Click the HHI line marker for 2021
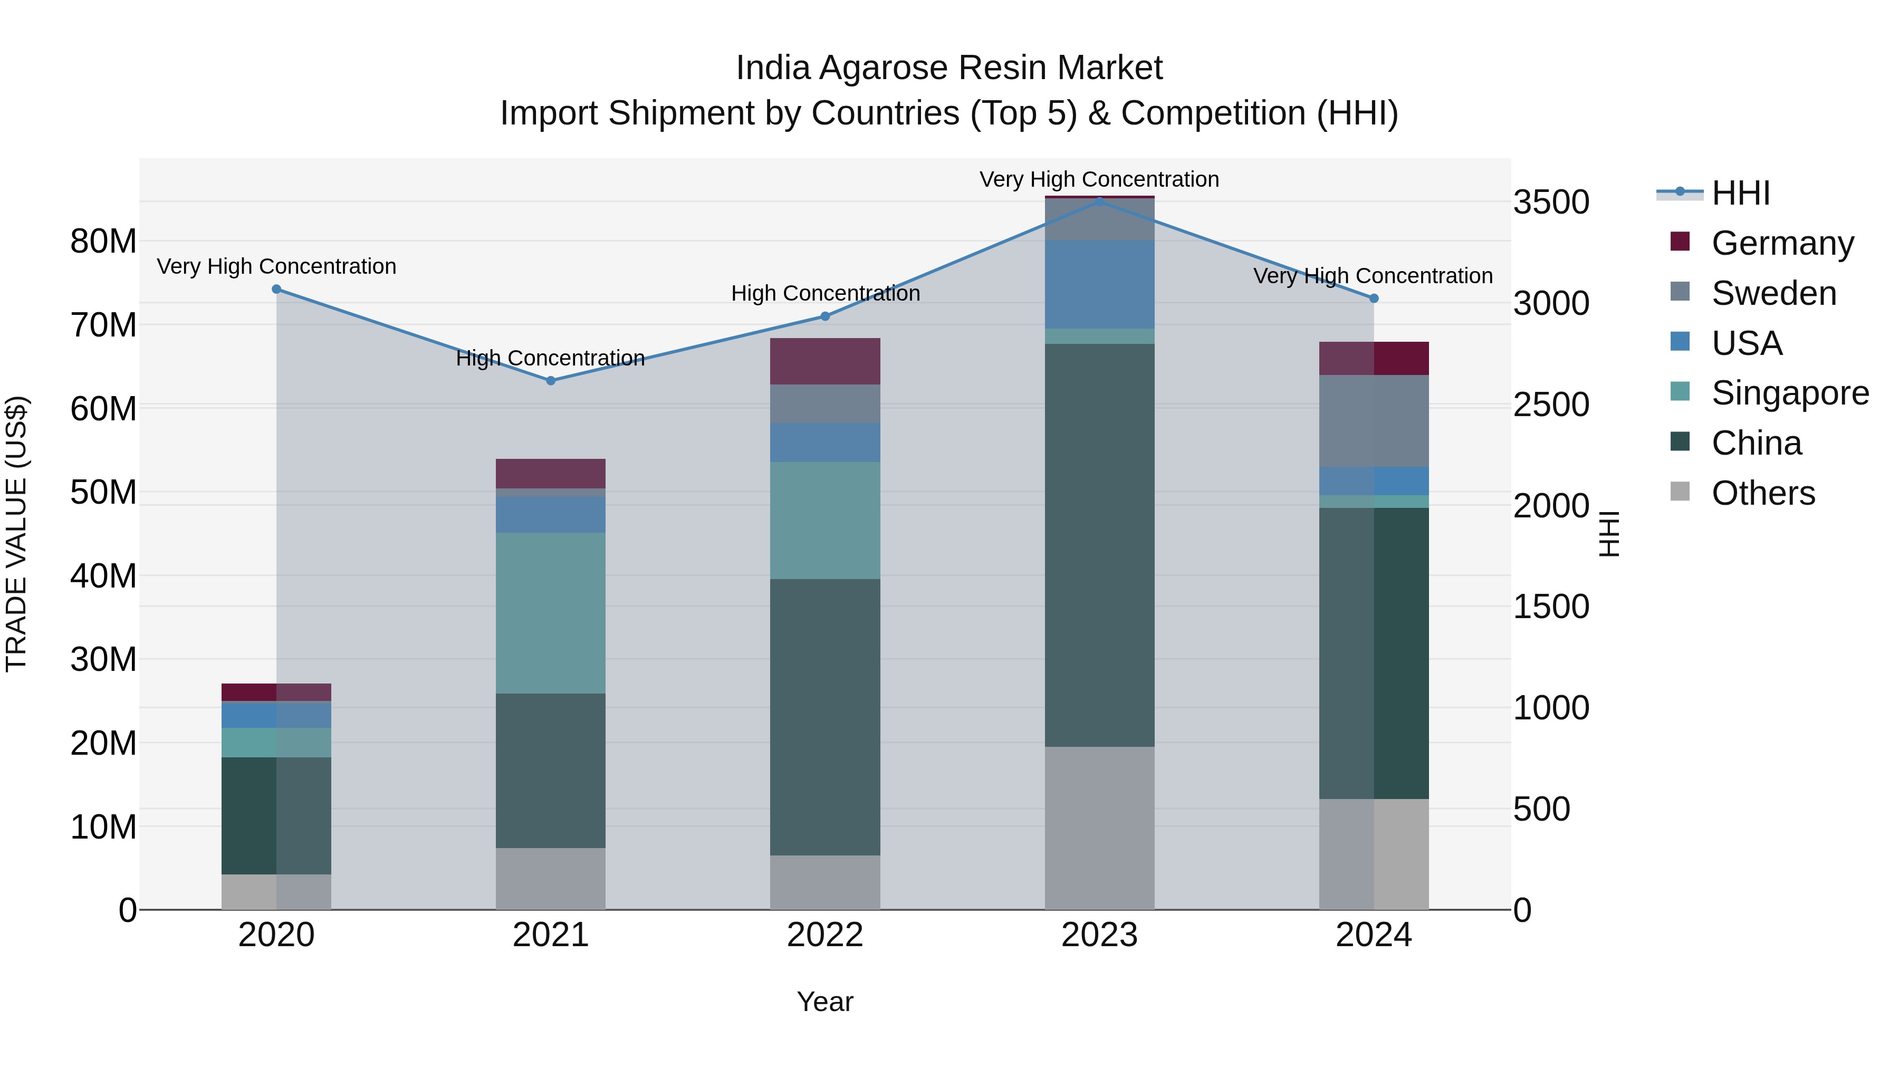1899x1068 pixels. tap(550, 380)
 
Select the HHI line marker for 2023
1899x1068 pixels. tap(1099, 201)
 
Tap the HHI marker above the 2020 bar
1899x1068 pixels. tap(276, 289)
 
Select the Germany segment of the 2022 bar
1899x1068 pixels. tap(825, 361)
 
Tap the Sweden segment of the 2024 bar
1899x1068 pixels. tap(1374, 420)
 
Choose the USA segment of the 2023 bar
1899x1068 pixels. tap(1099, 284)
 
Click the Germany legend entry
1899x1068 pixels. tap(1782, 243)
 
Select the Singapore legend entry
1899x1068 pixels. tap(1789, 393)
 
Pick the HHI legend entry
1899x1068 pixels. tap(1740, 193)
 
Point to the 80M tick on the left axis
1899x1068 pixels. tap(103, 241)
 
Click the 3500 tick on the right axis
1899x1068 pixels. tap(1550, 202)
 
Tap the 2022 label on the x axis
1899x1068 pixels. tap(825, 935)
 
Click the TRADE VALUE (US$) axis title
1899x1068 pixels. tap(16, 534)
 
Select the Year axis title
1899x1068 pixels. tap(825, 1002)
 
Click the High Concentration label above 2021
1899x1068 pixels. tap(550, 358)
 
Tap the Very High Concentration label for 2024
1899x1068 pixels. tap(1373, 276)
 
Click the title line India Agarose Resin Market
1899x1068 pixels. tap(949, 68)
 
